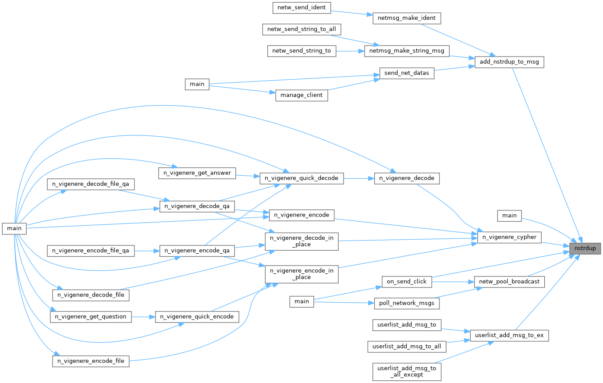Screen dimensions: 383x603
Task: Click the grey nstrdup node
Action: click(x=585, y=248)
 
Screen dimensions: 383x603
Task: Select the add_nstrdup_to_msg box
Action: click(x=509, y=62)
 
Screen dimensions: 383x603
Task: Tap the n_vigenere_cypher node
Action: click(x=509, y=237)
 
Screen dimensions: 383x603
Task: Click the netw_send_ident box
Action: click(x=301, y=7)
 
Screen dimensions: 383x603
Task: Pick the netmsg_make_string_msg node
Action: click(x=407, y=51)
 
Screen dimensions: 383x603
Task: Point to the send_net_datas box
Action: click(x=406, y=73)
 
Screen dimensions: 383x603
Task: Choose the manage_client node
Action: click(x=301, y=95)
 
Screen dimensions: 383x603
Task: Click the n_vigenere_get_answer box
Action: click(x=197, y=173)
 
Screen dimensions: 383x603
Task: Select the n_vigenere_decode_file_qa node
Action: click(x=91, y=184)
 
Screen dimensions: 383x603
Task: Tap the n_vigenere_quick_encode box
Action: click(x=197, y=316)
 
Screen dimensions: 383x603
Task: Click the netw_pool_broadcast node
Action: click(x=509, y=281)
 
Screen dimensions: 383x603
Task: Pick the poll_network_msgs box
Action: click(x=407, y=303)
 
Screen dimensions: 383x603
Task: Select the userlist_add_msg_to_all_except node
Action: click(x=407, y=371)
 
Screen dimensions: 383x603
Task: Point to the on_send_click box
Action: click(x=407, y=281)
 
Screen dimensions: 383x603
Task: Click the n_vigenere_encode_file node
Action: click(x=91, y=361)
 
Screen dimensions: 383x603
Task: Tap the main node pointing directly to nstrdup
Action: click(x=509, y=215)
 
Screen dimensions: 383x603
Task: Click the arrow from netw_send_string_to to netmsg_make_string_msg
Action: click(x=350, y=51)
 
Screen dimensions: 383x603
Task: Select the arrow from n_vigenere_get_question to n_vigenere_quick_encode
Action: click(x=143, y=316)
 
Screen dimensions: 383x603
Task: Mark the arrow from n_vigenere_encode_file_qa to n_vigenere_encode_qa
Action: click(x=147, y=251)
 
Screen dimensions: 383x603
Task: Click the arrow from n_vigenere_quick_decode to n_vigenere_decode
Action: click(x=358, y=178)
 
